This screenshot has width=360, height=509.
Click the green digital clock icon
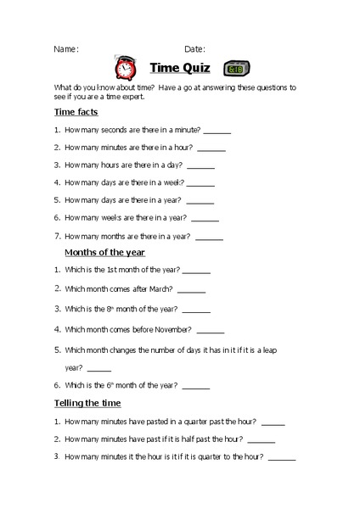pyautogui.click(x=235, y=69)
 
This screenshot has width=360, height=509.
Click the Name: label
pyautogui.click(x=66, y=49)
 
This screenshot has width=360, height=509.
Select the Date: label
pyautogui.click(x=194, y=49)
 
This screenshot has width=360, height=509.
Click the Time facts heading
pyautogui.click(x=76, y=111)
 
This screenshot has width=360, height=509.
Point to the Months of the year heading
pyautogui.click(x=105, y=252)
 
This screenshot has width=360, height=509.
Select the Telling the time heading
pyautogui.click(x=87, y=402)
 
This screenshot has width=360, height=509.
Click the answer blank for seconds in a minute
pyautogui.click(x=217, y=131)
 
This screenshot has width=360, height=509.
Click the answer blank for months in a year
pyautogui.click(x=209, y=238)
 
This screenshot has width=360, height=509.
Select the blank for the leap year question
pyautogui.click(x=99, y=368)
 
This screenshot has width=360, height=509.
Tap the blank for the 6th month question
pyautogui.click(x=195, y=387)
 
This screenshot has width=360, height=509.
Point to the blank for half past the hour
pyautogui.click(x=262, y=439)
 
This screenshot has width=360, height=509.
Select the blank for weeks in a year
pyautogui.click(x=205, y=219)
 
